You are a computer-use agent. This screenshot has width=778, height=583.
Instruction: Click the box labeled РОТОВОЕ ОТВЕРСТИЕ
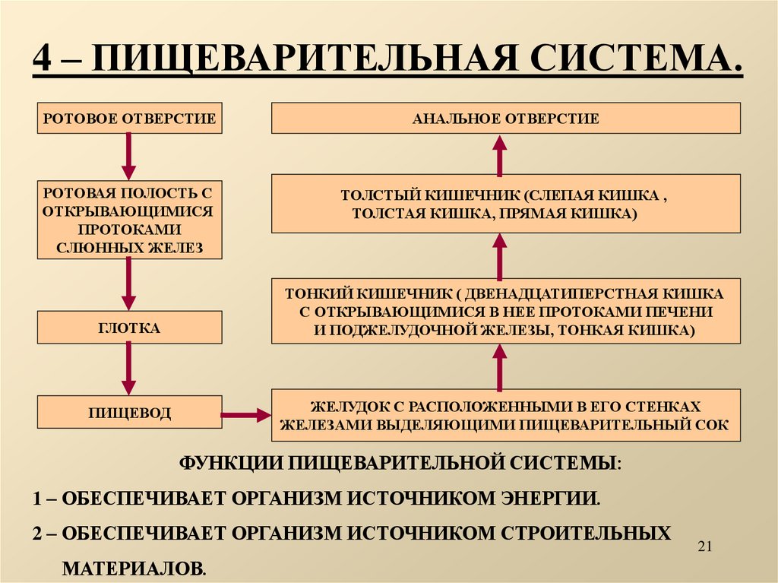coord(130,118)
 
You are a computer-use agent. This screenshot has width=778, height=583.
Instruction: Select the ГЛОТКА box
coord(130,328)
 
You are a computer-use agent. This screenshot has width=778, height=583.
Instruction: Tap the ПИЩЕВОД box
coord(130,413)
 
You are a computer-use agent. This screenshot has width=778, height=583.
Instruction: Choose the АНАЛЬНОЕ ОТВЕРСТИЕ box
coord(505,118)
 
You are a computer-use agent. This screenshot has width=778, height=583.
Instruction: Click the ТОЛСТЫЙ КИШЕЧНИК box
coord(505,203)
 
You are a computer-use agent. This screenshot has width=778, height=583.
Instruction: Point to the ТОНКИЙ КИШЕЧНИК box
coord(505,310)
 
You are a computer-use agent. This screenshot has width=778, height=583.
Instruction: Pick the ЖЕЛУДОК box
coord(505,414)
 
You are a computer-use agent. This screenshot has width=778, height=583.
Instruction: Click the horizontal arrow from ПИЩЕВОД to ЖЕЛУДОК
coord(245,414)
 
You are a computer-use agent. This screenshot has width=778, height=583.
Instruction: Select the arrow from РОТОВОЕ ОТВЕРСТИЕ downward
coord(129,156)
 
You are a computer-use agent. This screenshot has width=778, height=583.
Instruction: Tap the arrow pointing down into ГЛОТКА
coord(129,284)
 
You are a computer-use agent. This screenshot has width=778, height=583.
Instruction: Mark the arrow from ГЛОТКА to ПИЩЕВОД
coord(129,369)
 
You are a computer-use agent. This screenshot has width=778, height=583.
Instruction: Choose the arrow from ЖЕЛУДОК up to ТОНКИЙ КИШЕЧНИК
coord(499,366)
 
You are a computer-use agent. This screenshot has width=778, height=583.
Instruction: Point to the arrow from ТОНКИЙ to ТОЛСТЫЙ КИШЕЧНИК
coord(499,255)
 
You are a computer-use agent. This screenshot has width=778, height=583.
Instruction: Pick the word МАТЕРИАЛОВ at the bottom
coord(134,566)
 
